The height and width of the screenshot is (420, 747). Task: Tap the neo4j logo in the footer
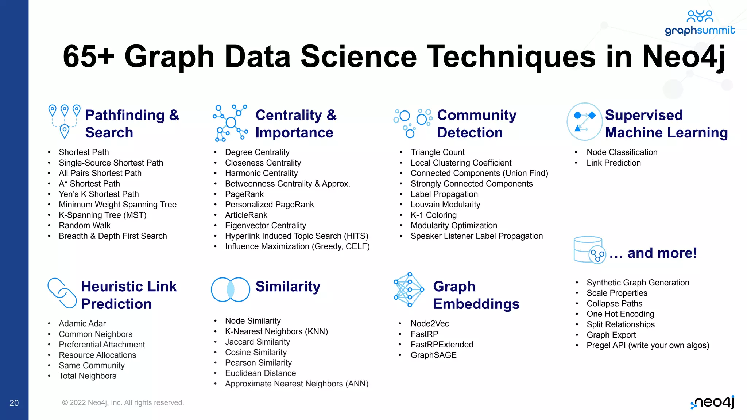click(713, 402)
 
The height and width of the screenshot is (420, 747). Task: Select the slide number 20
click(14, 403)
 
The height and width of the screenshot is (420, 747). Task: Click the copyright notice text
click(123, 402)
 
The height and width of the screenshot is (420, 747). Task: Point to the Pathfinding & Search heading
click(132, 124)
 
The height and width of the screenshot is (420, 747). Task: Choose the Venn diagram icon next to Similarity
click(230, 289)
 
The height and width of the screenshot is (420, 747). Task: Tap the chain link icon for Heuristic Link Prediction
click(62, 293)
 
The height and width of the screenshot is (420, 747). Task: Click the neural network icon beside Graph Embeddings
click(409, 289)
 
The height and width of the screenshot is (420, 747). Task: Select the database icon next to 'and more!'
click(589, 250)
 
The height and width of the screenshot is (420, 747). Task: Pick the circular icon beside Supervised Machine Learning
click(584, 121)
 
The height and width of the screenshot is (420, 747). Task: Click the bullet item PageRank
click(244, 194)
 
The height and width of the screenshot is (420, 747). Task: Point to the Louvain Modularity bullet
click(445, 205)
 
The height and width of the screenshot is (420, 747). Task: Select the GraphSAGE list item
click(433, 355)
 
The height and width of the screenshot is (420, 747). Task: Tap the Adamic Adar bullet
click(82, 323)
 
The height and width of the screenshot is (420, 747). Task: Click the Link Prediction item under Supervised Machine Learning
click(614, 163)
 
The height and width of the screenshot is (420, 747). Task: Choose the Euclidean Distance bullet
click(260, 373)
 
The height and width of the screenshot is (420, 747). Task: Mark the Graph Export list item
click(611, 335)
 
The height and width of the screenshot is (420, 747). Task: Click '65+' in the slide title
click(89, 57)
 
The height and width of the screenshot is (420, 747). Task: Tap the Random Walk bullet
click(84, 225)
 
